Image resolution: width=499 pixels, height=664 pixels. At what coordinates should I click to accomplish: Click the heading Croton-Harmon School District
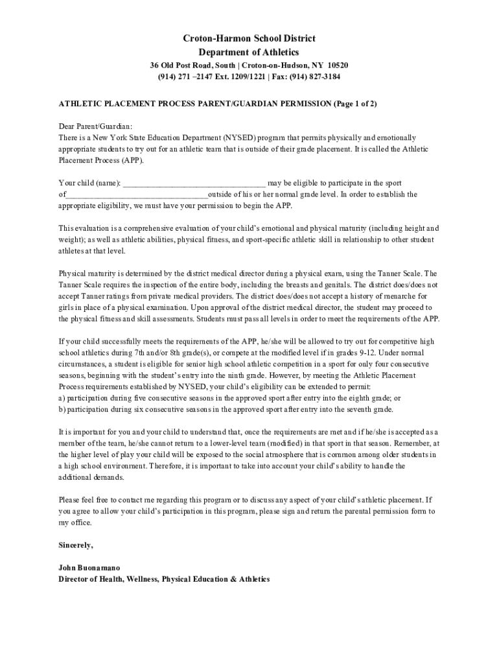point(249,40)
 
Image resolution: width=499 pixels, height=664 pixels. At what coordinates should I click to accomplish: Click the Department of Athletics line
point(249,53)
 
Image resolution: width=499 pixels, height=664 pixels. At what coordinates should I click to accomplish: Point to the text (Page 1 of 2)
point(355,103)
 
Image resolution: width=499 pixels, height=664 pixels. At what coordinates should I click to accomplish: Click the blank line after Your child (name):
point(194,183)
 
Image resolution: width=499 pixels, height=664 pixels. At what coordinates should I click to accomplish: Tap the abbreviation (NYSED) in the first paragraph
point(240,137)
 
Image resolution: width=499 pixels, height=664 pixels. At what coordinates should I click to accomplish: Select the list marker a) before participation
point(62,397)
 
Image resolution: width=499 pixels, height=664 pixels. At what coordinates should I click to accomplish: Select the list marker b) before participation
point(62,409)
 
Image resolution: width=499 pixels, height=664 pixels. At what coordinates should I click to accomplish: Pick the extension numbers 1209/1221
point(253,77)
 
